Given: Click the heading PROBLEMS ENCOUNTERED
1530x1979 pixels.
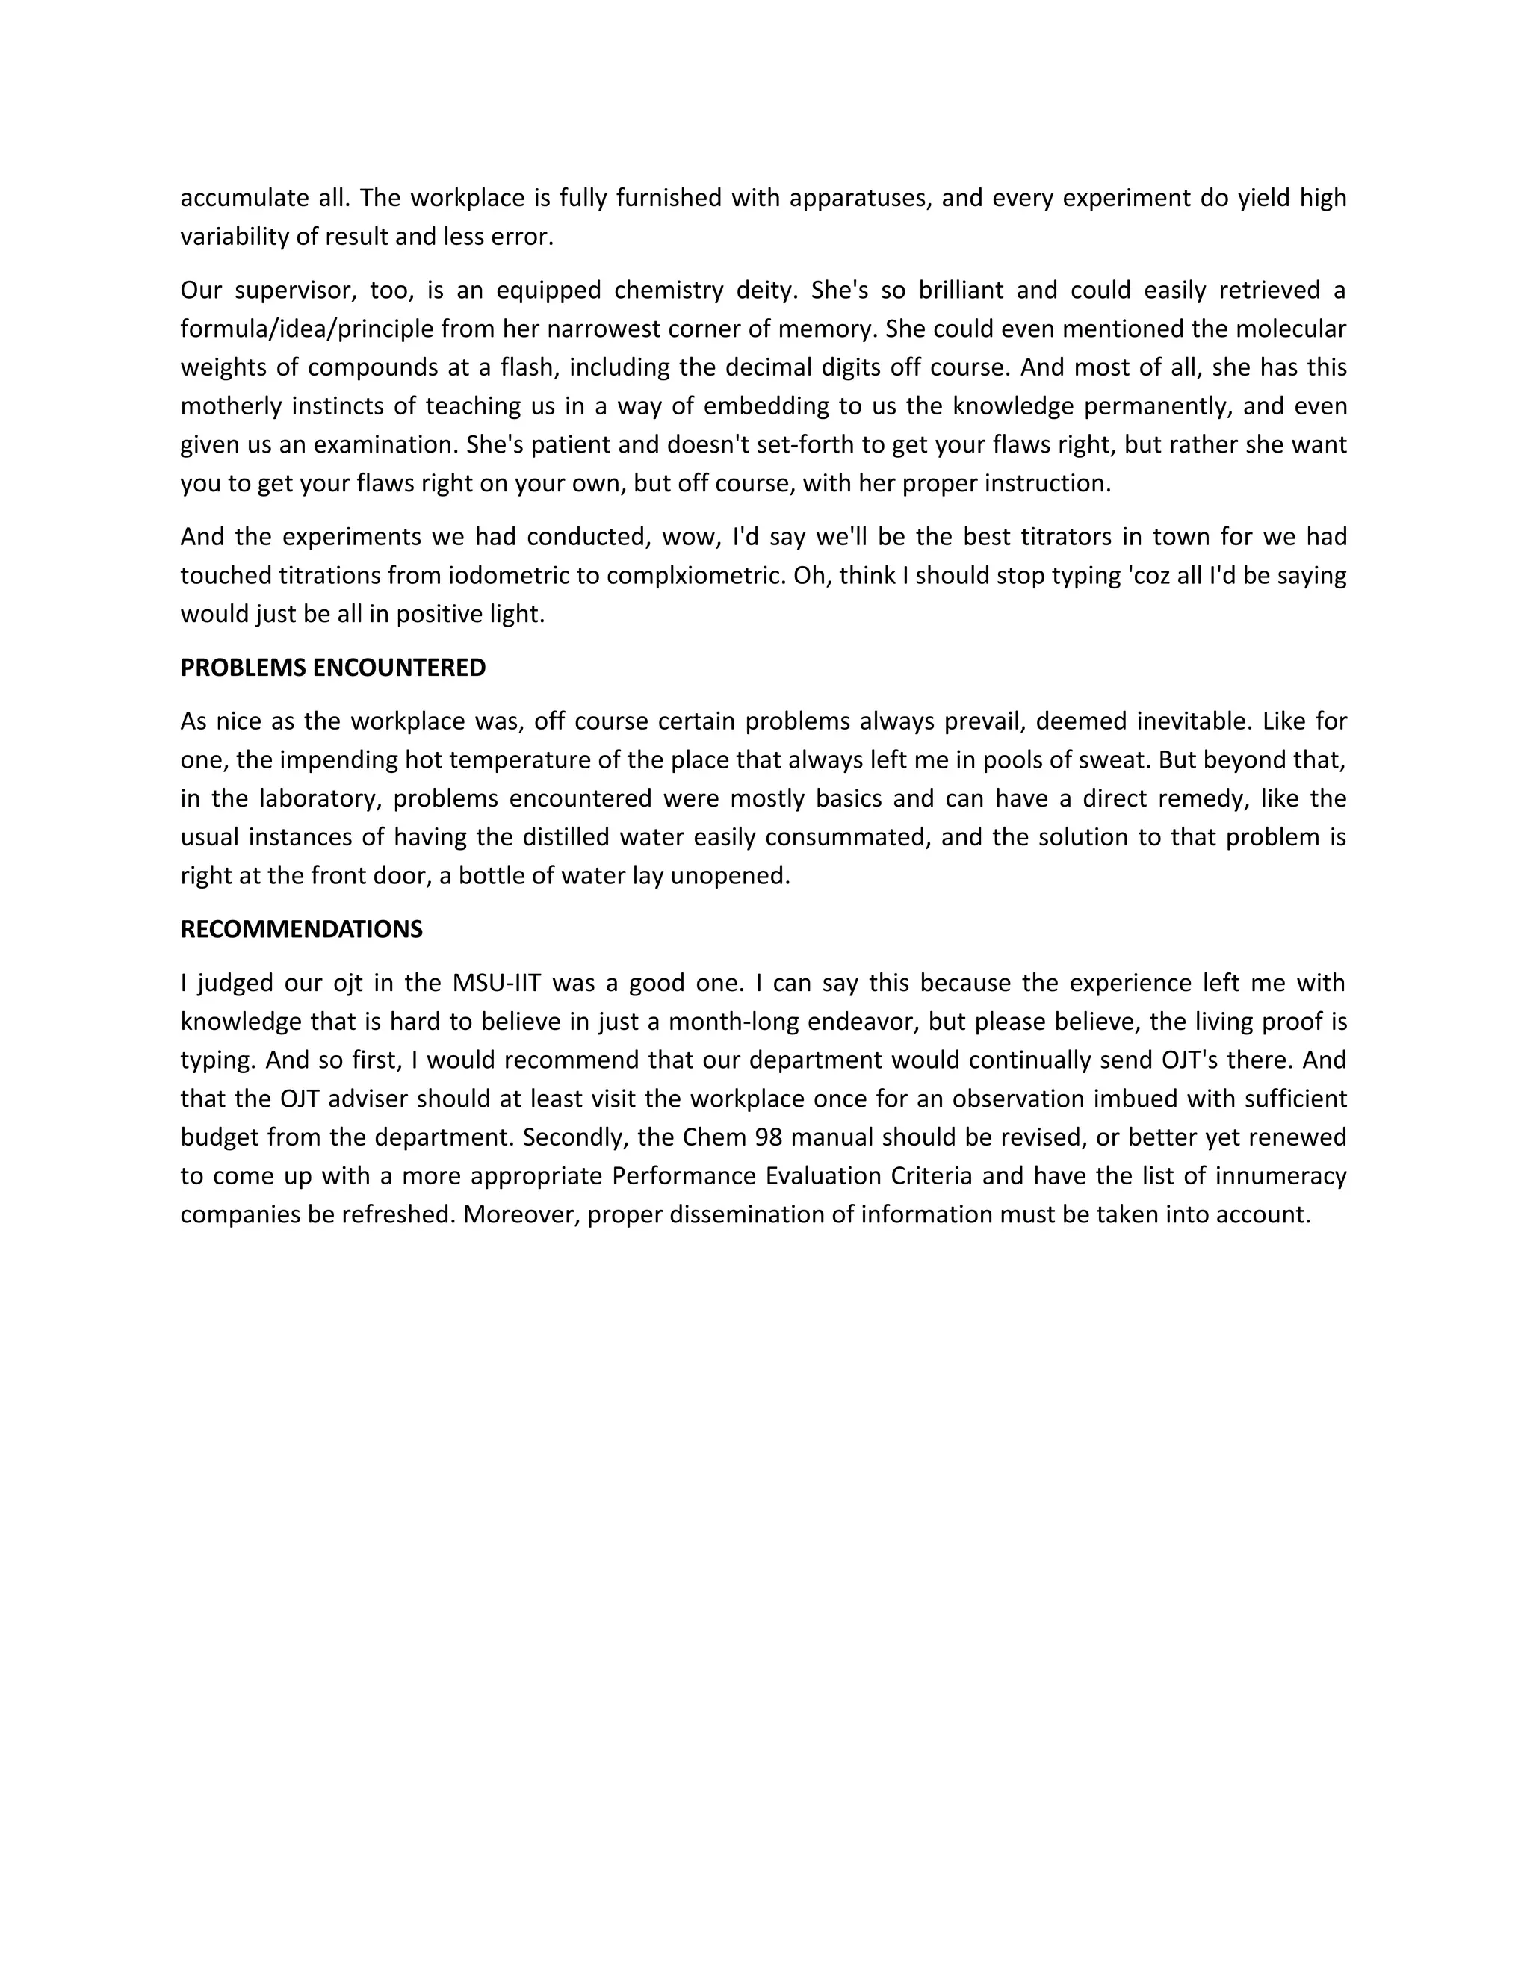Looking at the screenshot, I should [332, 668].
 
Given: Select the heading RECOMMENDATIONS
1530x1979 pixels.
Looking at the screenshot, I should [301, 930].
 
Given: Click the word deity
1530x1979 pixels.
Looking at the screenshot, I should [766, 291].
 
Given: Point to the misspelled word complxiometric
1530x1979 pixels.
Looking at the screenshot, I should [694, 577].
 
